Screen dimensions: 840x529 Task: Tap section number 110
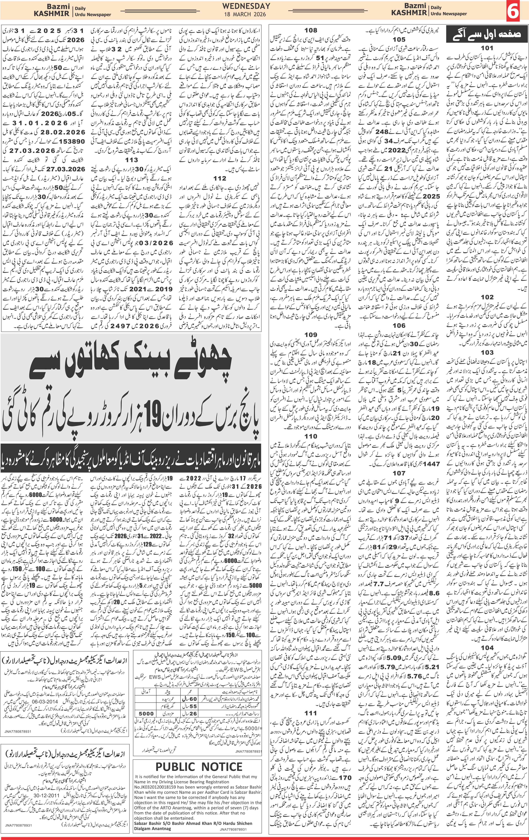pyautogui.click(x=311, y=436)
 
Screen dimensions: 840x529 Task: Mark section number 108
pyautogui.click(x=311, y=30)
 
